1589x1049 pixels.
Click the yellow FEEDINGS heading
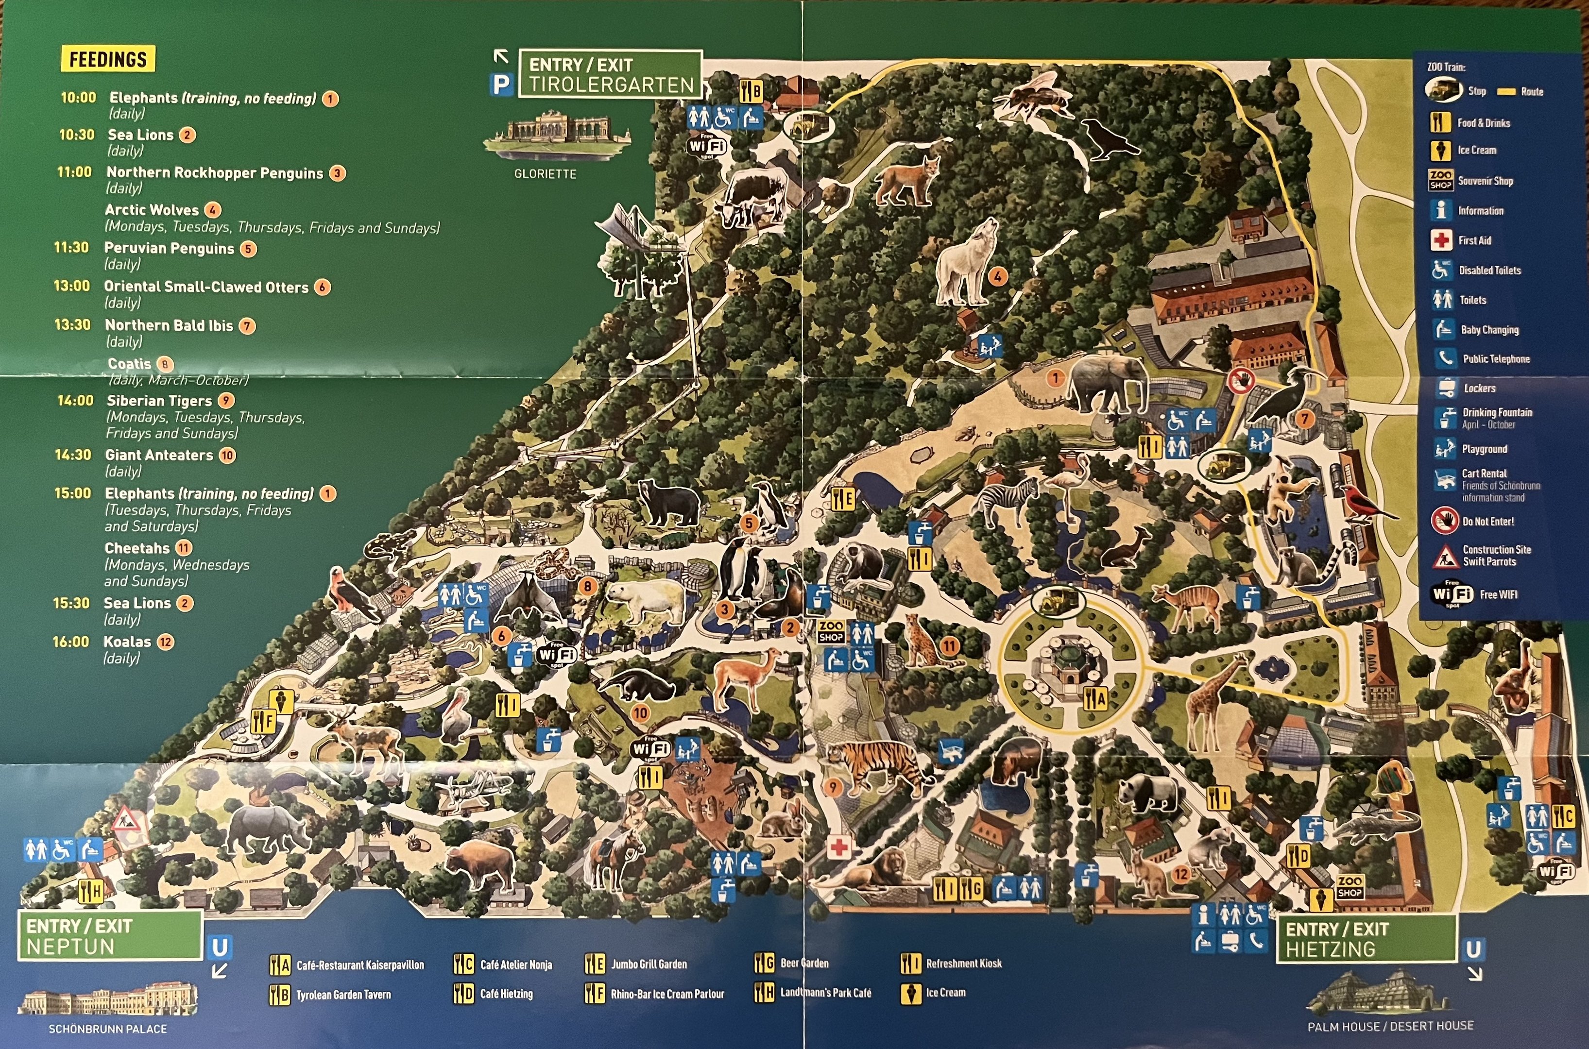tap(108, 59)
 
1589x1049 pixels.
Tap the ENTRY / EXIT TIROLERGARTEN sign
tap(610, 74)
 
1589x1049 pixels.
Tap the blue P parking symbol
tap(500, 85)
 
